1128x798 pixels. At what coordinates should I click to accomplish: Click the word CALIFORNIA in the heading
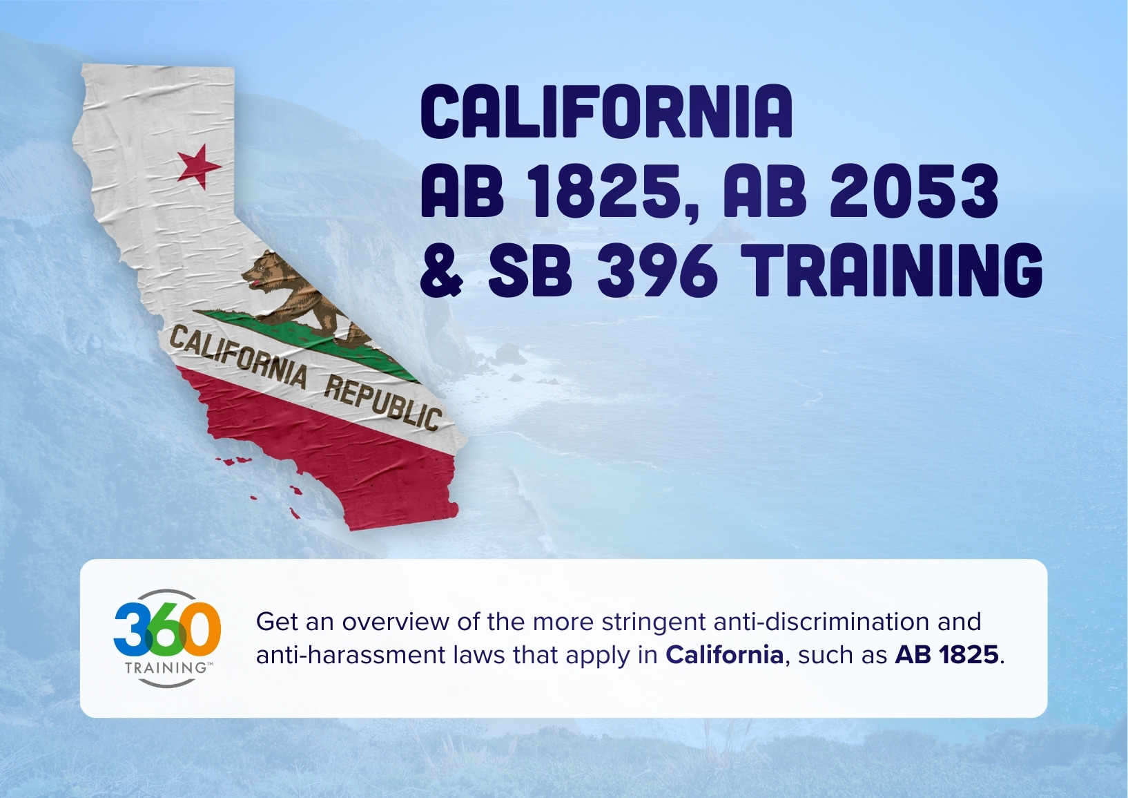click(606, 113)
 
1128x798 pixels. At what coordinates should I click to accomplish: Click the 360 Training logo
click(167, 638)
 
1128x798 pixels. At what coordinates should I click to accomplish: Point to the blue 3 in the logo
click(130, 629)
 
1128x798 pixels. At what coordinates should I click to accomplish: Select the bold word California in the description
click(724, 654)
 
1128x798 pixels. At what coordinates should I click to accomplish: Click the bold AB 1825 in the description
click(946, 654)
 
